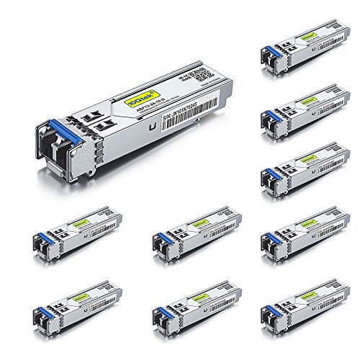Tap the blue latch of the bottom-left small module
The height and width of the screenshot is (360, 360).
coord(40,316)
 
